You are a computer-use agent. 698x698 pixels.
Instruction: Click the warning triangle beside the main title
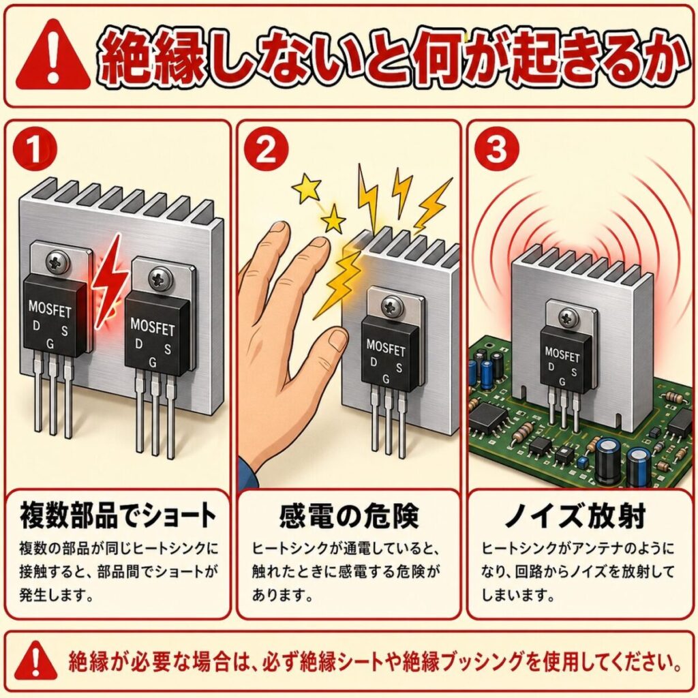point(52,58)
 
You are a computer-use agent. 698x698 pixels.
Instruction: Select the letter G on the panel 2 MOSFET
point(386,378)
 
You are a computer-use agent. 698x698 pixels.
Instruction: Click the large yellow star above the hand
point(305,185)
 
